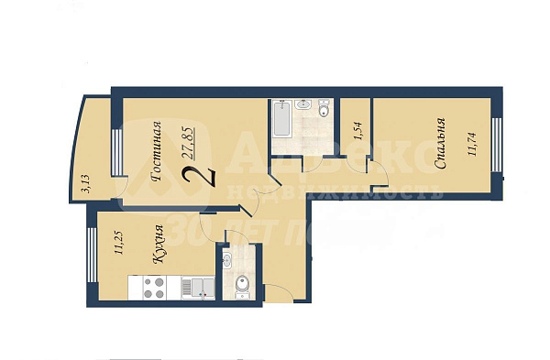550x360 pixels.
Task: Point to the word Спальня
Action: [x=441, y=144]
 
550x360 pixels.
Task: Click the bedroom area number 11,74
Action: [x=473, y=144]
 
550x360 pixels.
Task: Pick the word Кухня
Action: [x=159, y=244]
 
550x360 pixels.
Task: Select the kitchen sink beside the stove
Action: [x=196, y=288]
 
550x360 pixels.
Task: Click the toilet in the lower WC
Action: [x=240, y=287]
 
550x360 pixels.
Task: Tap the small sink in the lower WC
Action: [x=227, y=261]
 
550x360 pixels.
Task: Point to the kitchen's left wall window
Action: [x=91, y=255]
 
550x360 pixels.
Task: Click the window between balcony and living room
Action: [x=115, y=152]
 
